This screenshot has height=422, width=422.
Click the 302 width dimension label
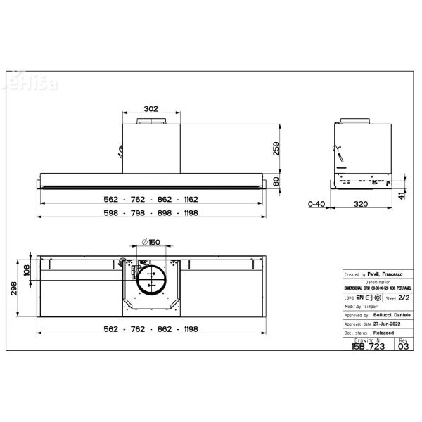(x=151, y=109)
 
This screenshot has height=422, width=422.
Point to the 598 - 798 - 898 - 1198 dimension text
(x=151, y=214)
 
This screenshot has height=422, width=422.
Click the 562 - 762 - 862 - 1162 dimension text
(x=151, y=199)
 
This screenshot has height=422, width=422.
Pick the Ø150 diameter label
(x=150, y=242)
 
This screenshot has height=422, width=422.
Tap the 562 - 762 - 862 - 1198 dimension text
(x=151, y=328)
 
